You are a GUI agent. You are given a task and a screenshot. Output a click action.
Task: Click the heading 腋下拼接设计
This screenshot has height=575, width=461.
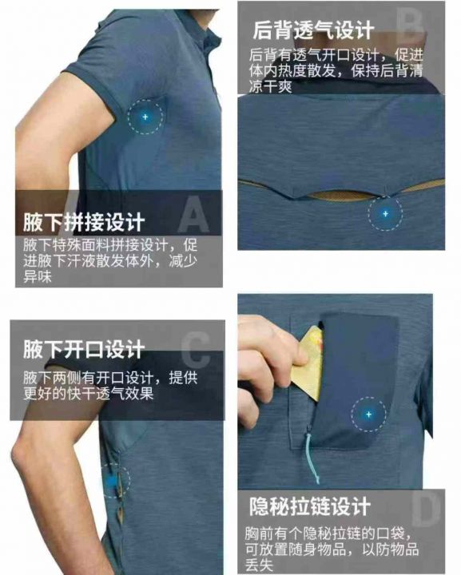click(84, 222)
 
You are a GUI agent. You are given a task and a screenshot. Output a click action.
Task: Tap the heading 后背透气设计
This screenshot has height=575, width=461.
click(313, 30)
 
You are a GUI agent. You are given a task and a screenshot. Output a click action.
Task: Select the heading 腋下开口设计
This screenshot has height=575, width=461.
click(84, 349)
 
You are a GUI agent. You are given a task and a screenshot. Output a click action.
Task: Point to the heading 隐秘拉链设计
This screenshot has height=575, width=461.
click(310, 506)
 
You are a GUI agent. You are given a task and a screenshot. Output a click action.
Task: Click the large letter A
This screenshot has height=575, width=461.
click(194, 215)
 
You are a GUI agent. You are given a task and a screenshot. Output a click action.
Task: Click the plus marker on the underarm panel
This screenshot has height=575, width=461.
click(145, 117)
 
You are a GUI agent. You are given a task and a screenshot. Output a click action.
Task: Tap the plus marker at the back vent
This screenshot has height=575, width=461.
click(385, 213)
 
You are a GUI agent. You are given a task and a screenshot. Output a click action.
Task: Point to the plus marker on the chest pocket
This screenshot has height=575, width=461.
click(368, 414)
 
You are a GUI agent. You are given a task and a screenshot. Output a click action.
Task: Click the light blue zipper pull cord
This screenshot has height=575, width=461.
click(312, 458)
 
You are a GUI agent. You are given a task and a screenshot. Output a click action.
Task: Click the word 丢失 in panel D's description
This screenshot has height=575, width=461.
click(260, 565)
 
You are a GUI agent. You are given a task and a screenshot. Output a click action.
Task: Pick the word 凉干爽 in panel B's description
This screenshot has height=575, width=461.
click(271, 86)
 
